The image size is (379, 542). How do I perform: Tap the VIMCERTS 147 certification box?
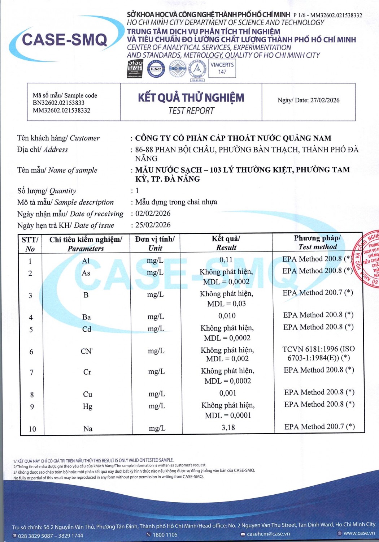point(222,68)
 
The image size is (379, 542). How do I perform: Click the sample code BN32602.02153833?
point(58,103)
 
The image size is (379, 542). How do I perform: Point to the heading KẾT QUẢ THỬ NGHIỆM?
point(191,98)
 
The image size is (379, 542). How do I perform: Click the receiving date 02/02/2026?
point(153,214)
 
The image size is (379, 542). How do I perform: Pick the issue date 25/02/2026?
point(153,225)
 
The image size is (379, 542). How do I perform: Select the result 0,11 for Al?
point(226,260)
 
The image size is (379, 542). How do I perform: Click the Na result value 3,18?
point(228,428)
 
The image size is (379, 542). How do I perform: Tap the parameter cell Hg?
point(87,406)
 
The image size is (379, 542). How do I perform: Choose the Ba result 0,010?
point(227,316)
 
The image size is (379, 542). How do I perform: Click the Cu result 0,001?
point(228,393)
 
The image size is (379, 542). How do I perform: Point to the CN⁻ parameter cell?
point(87,351)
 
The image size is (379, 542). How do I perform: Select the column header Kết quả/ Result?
point(226,243)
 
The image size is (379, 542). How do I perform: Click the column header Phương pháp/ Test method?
point(317,242)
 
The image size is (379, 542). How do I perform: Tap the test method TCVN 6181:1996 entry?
point(318,353)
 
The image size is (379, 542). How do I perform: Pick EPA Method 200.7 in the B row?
point(318,293)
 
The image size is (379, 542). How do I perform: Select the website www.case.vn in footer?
point(359,533)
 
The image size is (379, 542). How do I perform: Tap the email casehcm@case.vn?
point(268,534)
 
